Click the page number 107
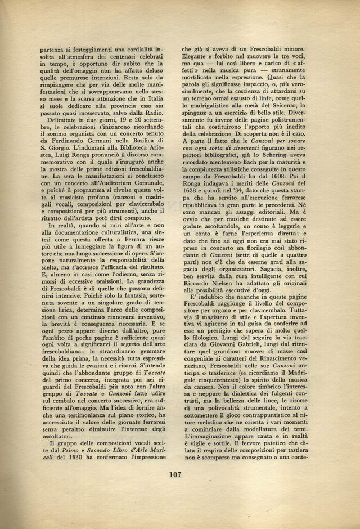179,475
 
